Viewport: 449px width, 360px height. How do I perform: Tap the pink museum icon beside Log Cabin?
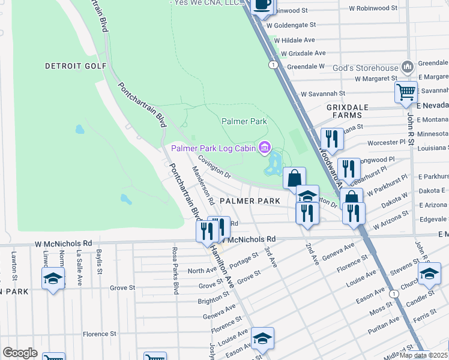click(x=264, y=147)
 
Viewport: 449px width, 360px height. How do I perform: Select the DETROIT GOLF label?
click(x=76, y=66)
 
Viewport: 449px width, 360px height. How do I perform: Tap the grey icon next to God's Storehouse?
click(x=408, y=66)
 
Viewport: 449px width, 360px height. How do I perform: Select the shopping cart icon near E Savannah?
click(x=406, y=92)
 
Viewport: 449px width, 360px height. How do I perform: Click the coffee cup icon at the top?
click(x=262, y=5)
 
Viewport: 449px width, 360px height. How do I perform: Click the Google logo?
click(x=20, y=353)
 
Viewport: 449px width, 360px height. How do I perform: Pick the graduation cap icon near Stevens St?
click(x=429, y=274)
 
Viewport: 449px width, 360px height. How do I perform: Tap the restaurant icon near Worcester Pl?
click(x=331, y=139)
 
